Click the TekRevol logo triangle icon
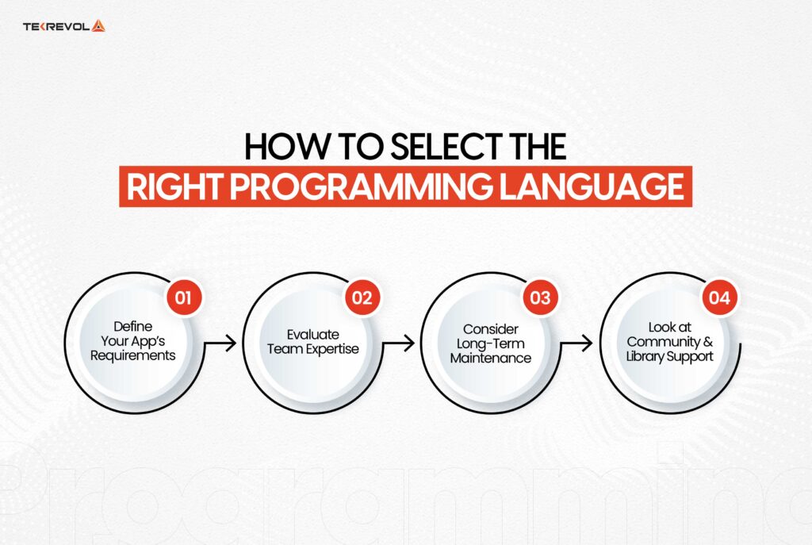[x=98, y=25]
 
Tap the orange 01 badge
[x=184, y=298]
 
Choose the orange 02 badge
[x=362, y=298]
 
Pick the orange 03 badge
[x=540, y=298]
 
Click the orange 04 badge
[x=719, y=298]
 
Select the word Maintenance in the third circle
[x=490, y=358]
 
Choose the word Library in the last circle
[x=649, y=357]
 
